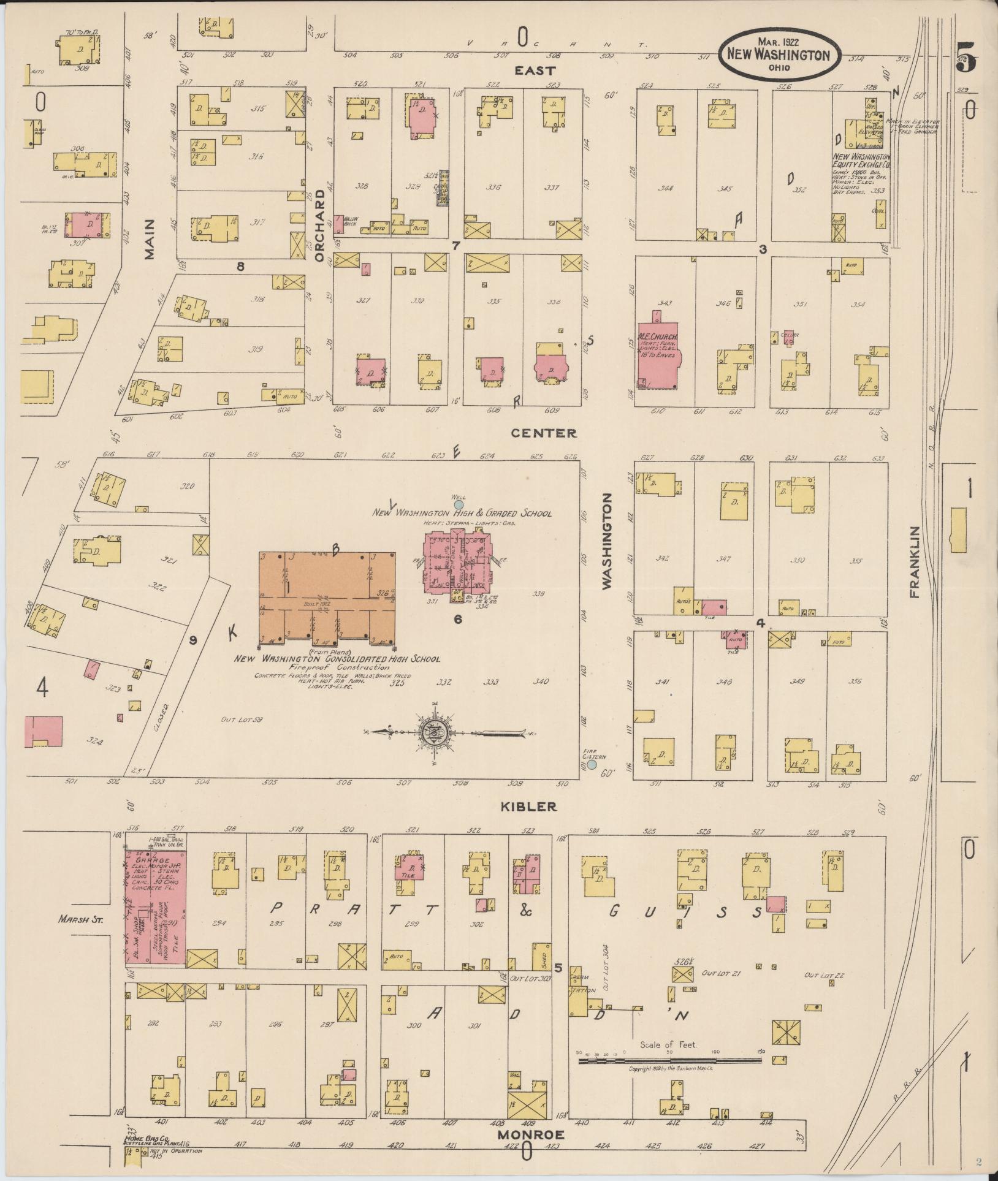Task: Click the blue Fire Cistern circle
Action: point(592,765)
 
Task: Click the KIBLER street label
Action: point(528,807)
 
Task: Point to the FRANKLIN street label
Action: point(915,562)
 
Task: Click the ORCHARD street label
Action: point(319,226)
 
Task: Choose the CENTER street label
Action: point(544,433)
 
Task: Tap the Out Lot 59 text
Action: point(242,719)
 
